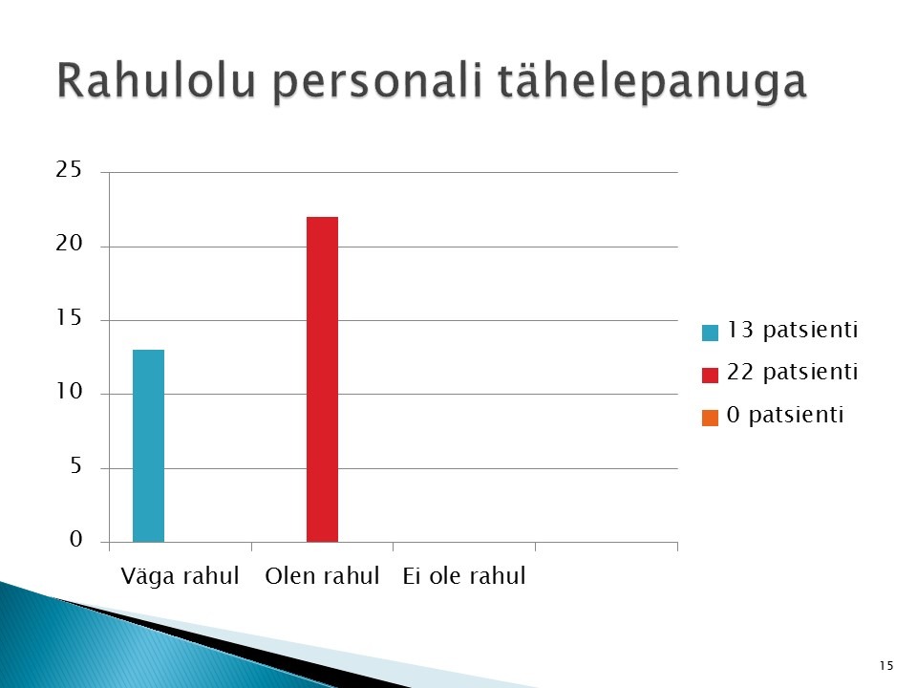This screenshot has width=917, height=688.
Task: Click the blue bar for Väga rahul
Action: (149, 446)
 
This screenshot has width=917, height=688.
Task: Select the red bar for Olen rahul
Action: (322, 379)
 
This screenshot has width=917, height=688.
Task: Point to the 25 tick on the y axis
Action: (69, 170)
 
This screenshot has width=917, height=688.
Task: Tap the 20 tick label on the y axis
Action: (69, 244)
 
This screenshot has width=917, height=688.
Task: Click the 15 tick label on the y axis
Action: (69, 317)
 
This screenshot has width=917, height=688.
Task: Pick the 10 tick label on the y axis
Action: (69, 392)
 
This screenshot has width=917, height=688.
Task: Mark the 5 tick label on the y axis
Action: (75, 465)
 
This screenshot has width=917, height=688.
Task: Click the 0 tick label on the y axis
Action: (76, 539)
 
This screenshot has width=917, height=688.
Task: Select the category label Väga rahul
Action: (181, 576)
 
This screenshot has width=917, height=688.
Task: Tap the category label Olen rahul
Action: (322, 576)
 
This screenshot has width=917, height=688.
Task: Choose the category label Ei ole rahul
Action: (464, 576)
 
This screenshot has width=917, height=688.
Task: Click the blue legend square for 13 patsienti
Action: (710, 333)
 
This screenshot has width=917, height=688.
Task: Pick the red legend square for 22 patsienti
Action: (710, 375)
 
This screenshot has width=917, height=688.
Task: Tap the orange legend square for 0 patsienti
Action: (710, 418)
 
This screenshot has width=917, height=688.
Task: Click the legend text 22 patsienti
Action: (793, 372)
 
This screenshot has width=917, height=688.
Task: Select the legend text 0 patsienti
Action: (785, 415)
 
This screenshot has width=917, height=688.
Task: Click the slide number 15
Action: (886, 666)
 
